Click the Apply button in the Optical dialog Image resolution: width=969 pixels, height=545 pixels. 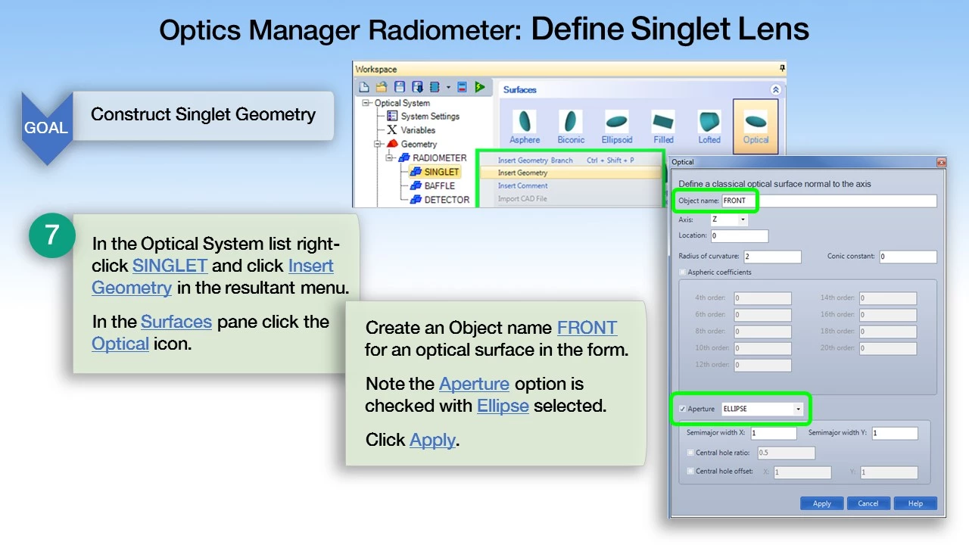click(x=821, y=503)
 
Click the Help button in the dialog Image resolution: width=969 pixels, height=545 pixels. click(x=915, y=503)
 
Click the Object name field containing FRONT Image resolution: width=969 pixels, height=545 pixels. click(x=828, y=201)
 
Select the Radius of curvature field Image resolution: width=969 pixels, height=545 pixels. click(x=771, y=257)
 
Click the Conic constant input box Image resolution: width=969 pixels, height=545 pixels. click(x=907, y=257)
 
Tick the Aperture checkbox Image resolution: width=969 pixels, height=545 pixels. click(x=683, y=409)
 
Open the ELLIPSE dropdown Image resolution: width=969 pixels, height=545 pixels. click(x=798, y=409)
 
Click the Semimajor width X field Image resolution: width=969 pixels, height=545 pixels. click(x=773, y=433)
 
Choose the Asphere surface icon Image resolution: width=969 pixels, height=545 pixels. click(x=524, y=125)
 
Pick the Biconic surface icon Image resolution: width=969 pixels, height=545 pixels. click(x=571, y=125)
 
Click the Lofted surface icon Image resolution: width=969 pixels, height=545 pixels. click(x=709, y=125)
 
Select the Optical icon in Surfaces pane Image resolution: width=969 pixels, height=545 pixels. click(x=756, y=125)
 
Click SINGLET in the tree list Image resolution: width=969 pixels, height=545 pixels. click(x=441, y=172)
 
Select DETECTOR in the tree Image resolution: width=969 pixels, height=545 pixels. click(x=446, y=200)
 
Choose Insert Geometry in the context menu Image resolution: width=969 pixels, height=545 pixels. click(x=523, y=173)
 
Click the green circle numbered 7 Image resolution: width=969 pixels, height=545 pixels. click(x=51, y=235)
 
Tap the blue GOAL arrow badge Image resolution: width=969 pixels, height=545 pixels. click(x=46, y=127)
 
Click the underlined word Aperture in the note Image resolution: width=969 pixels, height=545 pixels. click(x=474, y=384)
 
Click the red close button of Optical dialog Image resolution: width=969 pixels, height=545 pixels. click(x=941, y=162)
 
